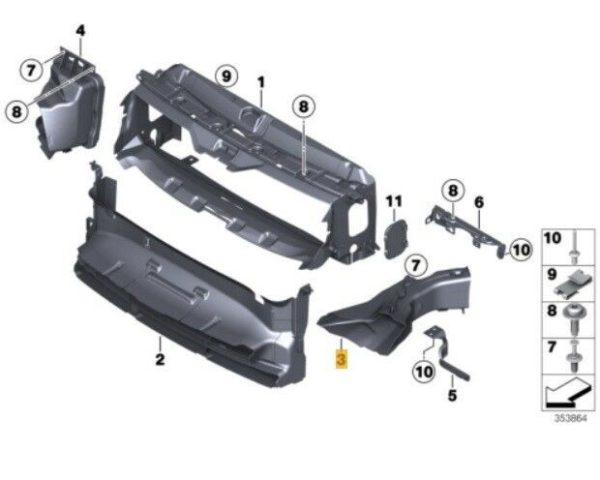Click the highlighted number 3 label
pyautogui.click(x=341, y=359)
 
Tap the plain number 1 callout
pyautogui.click(x=261, y=82)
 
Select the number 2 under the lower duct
pyautogui.click(x=160, y=359)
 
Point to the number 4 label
pyautogui.click(x=80, y=31)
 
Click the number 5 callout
pyautogui.click(x=452, y=395)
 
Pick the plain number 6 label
pyautogui.click(x=479, y=202)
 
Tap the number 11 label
pyautogui.click(x=394, y=201)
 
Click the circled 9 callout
pyautogui.click(x=227, y=77)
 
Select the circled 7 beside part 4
pyautogui.click(x=31, y=70)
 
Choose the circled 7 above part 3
pyautogui.click(x=416, y=265)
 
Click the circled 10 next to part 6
pyautogui.click(x=521, y=250)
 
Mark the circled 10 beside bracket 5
pyautogui.click(x=424, y=371)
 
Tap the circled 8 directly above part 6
pyautogui.click(x=453, y=191)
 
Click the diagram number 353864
pyautogui.click(x=571, y=418)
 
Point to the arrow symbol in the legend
pyautogui.click(x=567, y=393)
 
